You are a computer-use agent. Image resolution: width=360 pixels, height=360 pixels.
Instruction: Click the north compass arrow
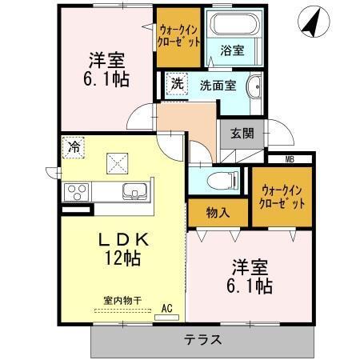(x=311, y=21)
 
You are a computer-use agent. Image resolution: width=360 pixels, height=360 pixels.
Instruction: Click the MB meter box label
(x=289, y=158)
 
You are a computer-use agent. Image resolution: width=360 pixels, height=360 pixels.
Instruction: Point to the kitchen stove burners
(x=78, y=191)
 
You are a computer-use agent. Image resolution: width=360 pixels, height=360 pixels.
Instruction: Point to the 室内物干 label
(x=122, y=301)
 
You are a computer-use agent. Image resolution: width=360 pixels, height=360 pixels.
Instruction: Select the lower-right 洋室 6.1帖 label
(x=252, y=274)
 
